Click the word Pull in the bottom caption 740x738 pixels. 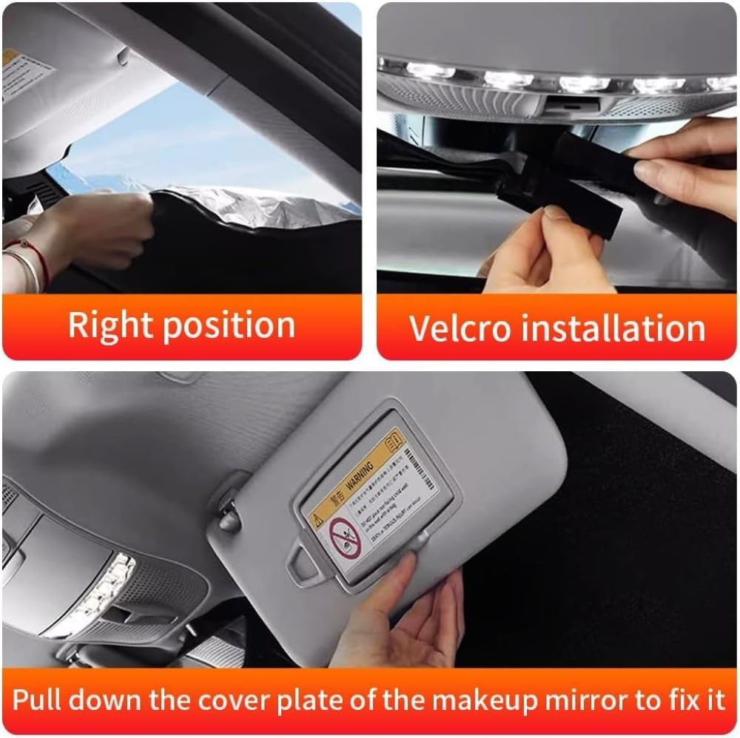point(38,699)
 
